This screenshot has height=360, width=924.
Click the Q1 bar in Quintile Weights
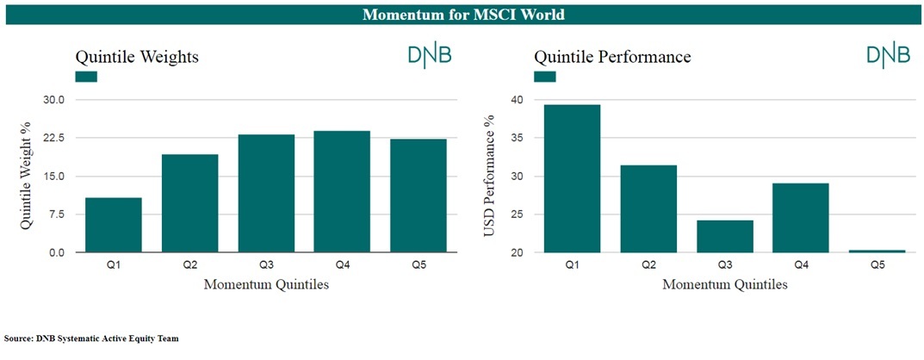coord(114,225)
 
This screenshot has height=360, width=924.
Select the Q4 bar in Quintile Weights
coord(342,191)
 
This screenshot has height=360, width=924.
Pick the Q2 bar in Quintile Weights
coord(189,203)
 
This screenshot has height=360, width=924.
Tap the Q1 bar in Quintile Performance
coord(572,178)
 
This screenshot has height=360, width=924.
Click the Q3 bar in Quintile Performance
coord(725,236)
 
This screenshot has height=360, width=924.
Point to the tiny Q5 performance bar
coord(877,251)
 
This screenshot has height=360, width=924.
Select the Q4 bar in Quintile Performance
coord(801,218)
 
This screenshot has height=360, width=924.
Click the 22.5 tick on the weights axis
coord(60,138)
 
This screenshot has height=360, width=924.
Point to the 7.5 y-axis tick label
coord(64,214)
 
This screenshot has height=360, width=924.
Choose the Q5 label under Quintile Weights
coord(419,266)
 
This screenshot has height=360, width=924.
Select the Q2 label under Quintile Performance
coord(648,266)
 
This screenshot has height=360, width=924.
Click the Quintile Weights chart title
coord(137,57)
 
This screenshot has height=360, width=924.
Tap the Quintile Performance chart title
coord(612,57)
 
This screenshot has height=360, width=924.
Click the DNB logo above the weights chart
coord(431,55)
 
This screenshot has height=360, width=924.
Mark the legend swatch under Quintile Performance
coord(544,77)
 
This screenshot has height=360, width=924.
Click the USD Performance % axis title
coord(488,176)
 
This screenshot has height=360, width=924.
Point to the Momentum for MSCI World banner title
coord(463,14)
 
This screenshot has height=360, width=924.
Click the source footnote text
coord(91,338)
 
